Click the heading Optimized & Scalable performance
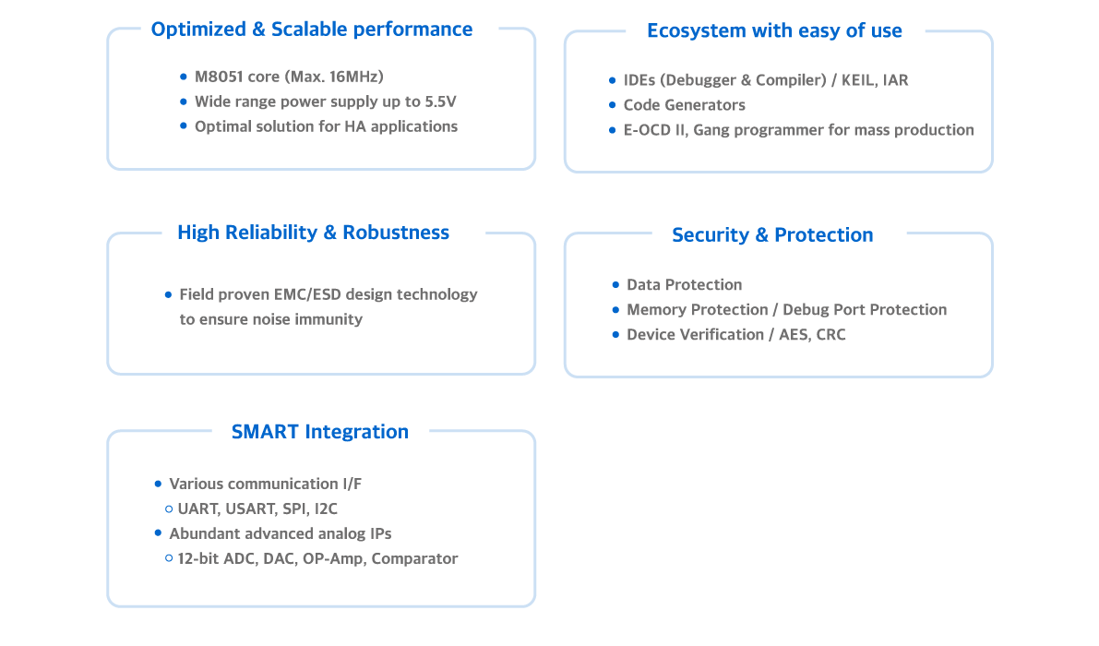pos(311,30)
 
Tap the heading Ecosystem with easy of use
pos(773,31)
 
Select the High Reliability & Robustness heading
pos(313,233)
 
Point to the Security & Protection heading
pos(772,235)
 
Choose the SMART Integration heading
pos(319,432)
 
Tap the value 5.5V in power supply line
pos(440,102)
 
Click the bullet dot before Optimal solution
pos(185,126)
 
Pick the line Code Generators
pos(684,105)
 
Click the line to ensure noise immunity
pos(270,319)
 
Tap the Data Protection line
pos(684,285)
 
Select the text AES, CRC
pos(812,335)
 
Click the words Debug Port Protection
pos(865,310)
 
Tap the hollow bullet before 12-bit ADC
pos(169,558)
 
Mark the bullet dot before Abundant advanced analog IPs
pos(158,533)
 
